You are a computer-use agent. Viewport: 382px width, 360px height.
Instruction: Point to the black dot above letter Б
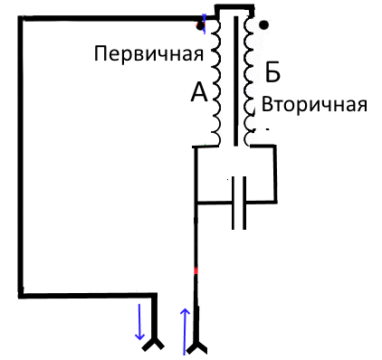pyautogui.click(x=263, y=25)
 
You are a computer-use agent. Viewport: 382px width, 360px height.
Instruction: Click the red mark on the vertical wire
pyautogui.click(x=196, y=270)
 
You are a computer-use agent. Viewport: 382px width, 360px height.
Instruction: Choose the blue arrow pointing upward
pyautogui.click(x=186, y=330)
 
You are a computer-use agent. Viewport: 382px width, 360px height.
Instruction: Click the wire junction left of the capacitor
pyautogui.click(x=196, y=202)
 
